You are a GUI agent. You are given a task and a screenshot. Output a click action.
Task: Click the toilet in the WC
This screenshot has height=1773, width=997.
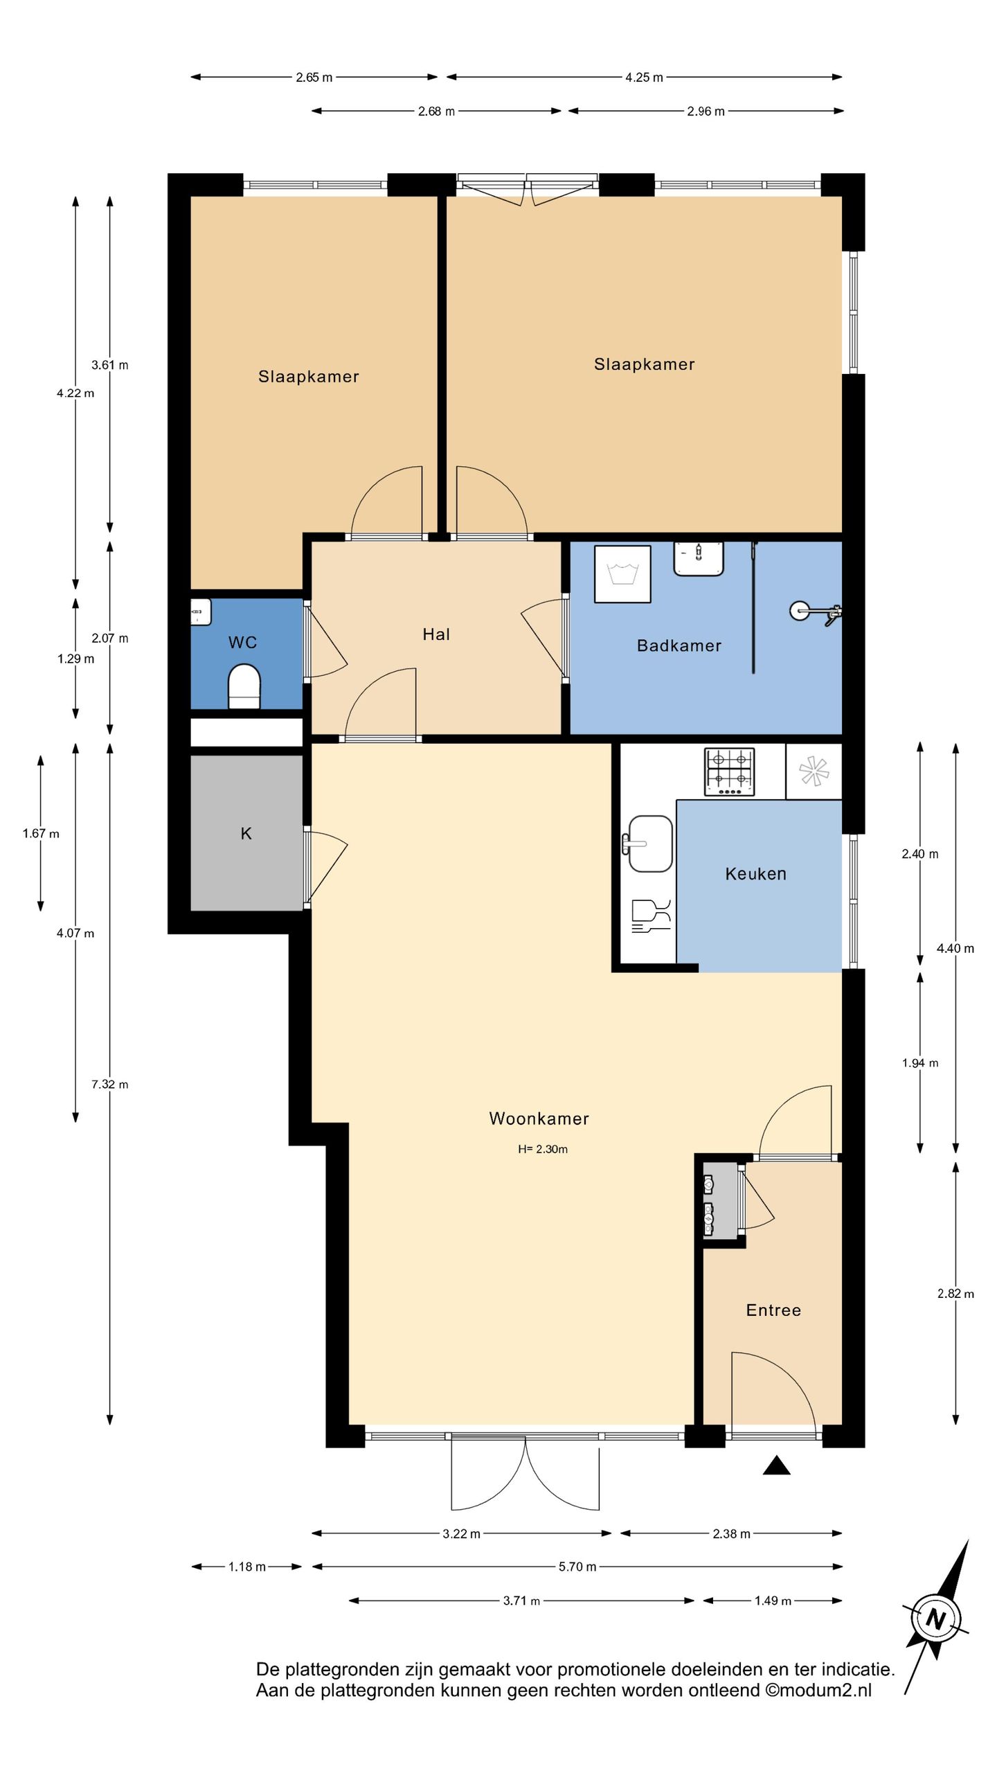(244, 686)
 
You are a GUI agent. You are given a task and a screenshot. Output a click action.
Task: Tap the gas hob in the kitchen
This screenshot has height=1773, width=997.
(729, 772)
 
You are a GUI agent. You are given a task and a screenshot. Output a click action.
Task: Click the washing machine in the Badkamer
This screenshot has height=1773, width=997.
(622, 574)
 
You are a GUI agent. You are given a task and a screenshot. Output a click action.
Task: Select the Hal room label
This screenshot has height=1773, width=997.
(436, 634)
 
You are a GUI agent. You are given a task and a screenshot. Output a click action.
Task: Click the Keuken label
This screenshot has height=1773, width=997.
(755, 873)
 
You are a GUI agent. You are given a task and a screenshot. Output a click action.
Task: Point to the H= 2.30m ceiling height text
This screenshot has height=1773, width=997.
(543, 1149)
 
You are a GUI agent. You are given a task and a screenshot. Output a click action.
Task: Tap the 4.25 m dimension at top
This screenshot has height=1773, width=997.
(644, 78)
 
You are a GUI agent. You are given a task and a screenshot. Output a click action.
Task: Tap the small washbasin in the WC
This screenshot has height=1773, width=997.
(201, 612)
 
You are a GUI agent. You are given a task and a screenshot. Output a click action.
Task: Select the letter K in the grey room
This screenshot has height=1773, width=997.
(246, 833)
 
